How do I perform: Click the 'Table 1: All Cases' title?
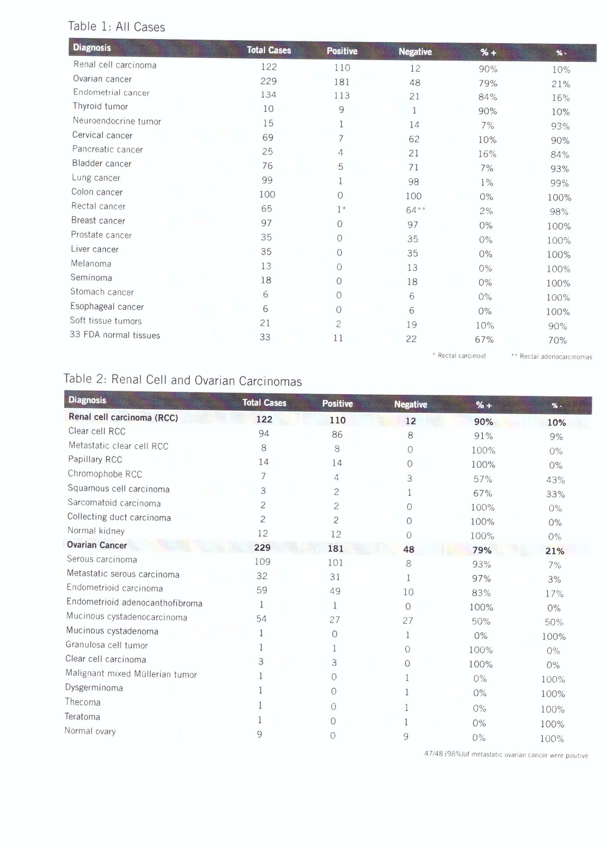(x=116, y=26)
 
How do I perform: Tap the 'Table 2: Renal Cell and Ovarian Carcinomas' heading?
(x=182, y=380)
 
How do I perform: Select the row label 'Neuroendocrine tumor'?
(x=116, y=121)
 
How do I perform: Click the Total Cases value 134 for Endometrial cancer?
(x=268, y=95)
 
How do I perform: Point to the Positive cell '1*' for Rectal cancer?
(x=341, y=209)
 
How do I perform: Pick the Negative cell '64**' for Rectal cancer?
(x=415, y=210)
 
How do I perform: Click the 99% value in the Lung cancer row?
(x=560, y=183)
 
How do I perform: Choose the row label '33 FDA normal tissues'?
(x=115, y=335)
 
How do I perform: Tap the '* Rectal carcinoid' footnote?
(x=459, y=355)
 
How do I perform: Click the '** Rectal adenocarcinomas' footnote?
(x=552, y=356)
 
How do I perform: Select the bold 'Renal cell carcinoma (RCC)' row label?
(x=123, y=417)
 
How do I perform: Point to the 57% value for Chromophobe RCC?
(x=483, y=479)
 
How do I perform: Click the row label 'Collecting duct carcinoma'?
(x=119, y=517)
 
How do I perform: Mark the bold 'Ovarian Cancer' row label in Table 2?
(x=97, y=545)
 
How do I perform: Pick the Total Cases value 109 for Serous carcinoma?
(x=262, y=562)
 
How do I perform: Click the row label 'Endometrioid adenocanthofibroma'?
(x=135, y=602)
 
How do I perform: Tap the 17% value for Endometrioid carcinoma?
(x=554, y=594)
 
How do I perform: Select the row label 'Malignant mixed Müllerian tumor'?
(x=131, y=674)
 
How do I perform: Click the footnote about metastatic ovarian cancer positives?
(x=506, y=755)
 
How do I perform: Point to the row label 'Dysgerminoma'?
(x=94, y=688)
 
